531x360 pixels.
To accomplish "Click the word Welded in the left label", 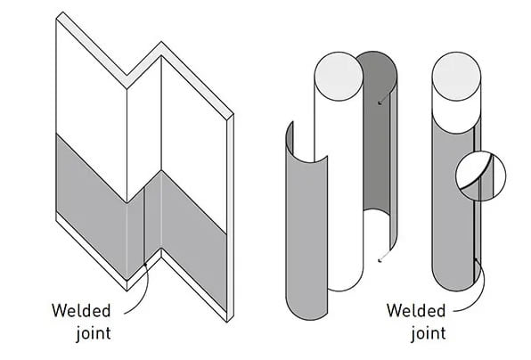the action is pyautogui.click(x=81, y=311).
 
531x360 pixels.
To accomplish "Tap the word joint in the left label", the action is pyautogui.click(x=94, y=333).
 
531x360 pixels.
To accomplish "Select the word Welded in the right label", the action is pyautogui.click(x=416, y=311).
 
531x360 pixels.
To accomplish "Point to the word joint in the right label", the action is pyautogui.click(x=429, y=333).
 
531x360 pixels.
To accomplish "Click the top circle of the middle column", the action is pyautogui.click(x=339, y=76).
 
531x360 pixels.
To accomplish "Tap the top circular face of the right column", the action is pyautogui.click(x=456, y=76).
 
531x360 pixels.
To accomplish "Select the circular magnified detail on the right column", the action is pyautogui.click(x=481, y=176).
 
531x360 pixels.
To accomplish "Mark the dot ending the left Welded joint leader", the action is pyautogui.click(x=145, y=264).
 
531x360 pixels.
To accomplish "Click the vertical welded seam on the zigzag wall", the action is pyautogui.click(x=144, y=225).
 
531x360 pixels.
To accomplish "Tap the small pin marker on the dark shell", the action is pyautogui.click(x=380, y=102).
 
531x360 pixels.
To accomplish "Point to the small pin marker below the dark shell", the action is pyautogui.click(x=380, y=260).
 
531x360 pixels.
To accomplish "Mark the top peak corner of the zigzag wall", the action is pyautogui.click(x=161, y=42).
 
